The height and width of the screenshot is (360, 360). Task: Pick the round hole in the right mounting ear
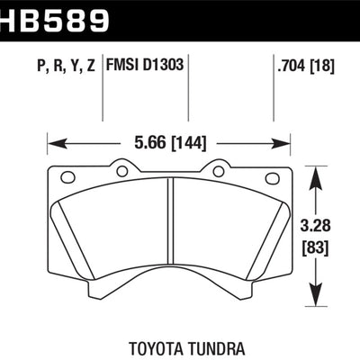[217, 168]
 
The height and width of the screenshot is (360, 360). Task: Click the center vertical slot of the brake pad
[169, 234]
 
